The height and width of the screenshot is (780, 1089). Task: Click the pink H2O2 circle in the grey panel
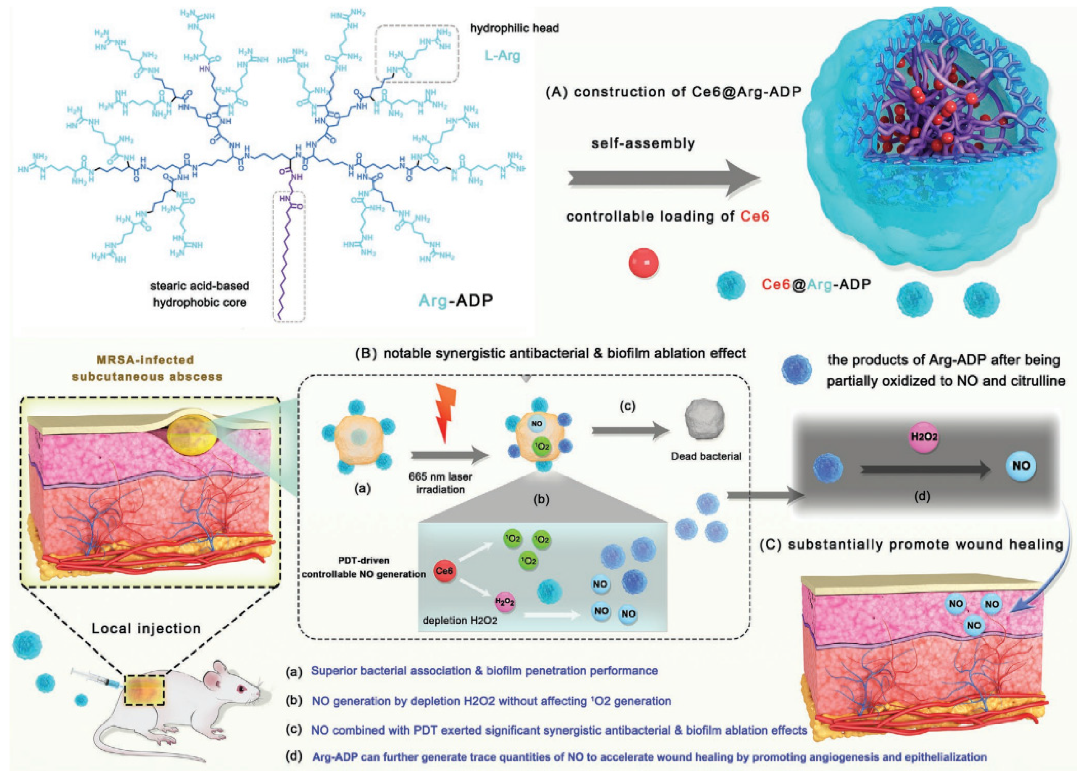924,437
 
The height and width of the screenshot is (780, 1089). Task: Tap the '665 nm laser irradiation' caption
440,483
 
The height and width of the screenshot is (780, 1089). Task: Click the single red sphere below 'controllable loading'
643,263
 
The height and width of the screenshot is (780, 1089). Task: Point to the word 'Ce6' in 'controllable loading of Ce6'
755,217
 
